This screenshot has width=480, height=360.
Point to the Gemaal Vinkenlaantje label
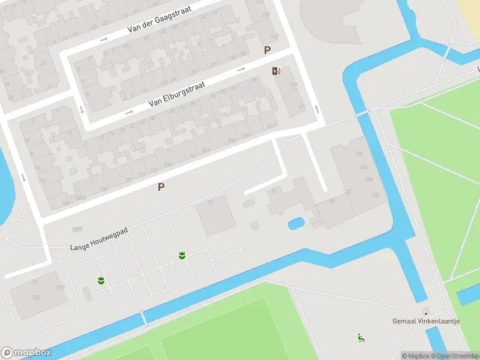coord(426,321)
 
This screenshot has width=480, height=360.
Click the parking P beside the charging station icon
coord(267,51)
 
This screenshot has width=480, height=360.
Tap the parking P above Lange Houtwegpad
coord(161,187)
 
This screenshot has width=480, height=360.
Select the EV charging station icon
coord(276,71)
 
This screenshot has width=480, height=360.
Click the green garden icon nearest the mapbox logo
coord(101,280)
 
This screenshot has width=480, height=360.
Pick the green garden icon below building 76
coord(181,256)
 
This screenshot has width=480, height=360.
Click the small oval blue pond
coord(296,224)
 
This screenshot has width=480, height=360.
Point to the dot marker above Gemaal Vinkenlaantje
coord(425,313)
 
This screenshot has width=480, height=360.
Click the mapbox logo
coord(26,353)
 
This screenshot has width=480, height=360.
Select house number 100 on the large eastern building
coord(359,155)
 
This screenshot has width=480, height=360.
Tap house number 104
coord(364,167)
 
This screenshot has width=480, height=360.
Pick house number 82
coord(349,191)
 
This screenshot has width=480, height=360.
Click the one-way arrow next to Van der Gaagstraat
coord(104,40)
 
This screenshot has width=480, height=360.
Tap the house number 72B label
coord(60,288)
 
